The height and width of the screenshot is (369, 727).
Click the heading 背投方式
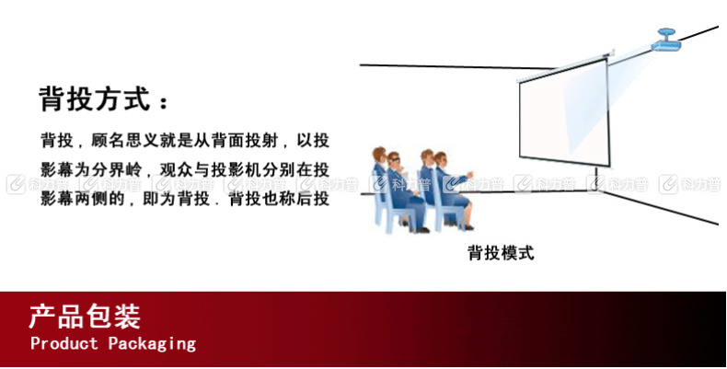tap(95, 98)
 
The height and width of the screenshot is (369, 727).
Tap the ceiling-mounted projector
tap(666, 40)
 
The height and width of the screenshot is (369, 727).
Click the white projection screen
tap(564, 112)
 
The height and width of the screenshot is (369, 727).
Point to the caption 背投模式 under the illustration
tap(501, 253)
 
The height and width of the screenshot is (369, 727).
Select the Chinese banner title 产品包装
tap(85, 317)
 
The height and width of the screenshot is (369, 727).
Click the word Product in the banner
tap(64, 343)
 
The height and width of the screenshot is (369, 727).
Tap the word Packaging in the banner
tap(152, 344)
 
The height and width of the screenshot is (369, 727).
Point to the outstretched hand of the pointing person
tap(469, 175)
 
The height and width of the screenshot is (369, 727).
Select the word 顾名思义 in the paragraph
tap(124, 140)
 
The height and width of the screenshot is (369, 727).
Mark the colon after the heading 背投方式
tap(163, 102)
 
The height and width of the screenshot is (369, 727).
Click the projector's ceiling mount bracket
tap(667, 33)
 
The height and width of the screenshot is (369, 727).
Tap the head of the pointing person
tap(440, 159)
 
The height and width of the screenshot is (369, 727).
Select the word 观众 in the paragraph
tap(175, 169)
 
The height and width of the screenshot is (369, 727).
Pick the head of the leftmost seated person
tap(379, 155)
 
